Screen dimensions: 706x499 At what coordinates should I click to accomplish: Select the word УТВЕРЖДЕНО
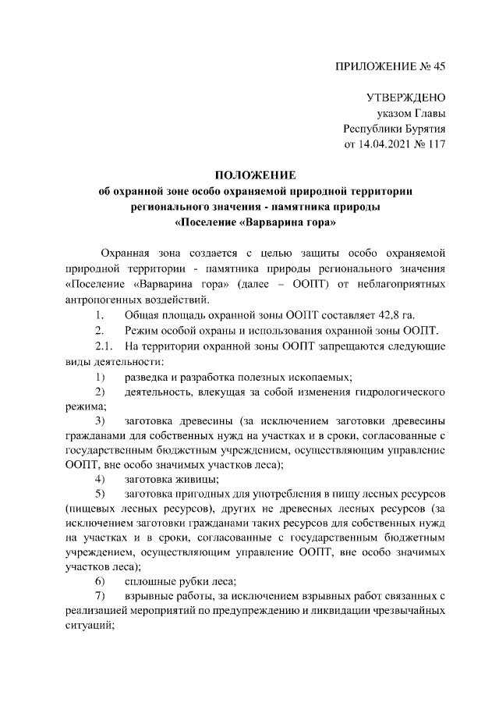point(405,98)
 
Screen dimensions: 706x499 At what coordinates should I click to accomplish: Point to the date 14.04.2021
point(378,144)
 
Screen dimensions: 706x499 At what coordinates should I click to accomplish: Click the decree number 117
point(435,144)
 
